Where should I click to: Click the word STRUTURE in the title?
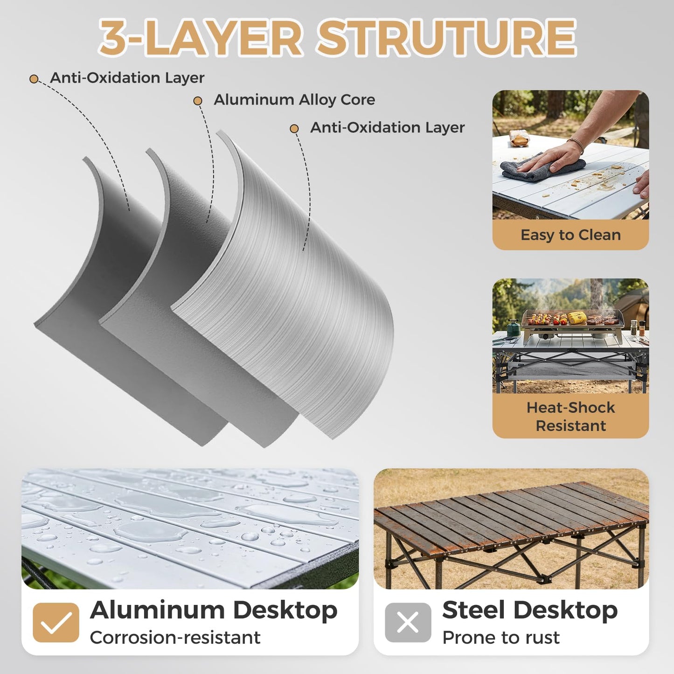[447, 38]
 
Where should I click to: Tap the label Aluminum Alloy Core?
[294, 100]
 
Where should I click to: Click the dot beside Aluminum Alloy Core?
[198, 101]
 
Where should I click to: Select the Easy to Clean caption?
[570, 235]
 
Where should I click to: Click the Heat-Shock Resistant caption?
[570, 417]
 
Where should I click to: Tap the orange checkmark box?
[56, 623]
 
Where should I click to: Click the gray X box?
[408, 623]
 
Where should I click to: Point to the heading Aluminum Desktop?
[213, 611]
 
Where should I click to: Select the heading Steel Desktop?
[530, 611]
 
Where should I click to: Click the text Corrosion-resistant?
[175, 637]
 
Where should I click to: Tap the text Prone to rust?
[501, 637]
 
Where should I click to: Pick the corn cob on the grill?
[577, 317]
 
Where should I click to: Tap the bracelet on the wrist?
[576, 145]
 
